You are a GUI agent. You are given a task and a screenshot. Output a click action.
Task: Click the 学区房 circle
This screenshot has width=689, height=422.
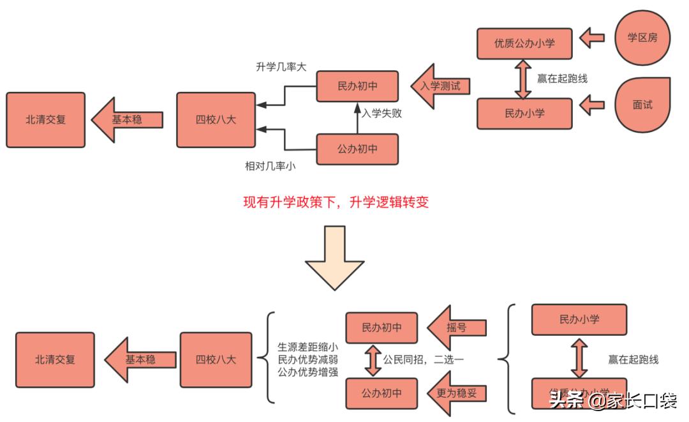[642, 38]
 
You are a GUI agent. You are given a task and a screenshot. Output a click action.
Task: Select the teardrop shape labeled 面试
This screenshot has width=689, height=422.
[642, 105]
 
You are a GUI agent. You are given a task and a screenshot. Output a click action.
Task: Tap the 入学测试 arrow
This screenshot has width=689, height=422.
[440, 85]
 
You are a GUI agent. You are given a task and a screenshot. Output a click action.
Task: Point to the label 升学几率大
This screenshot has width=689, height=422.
[281, 67]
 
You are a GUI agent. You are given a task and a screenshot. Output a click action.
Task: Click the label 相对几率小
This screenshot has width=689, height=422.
[270, 166]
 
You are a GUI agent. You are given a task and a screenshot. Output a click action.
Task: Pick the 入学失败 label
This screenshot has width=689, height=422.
[382, 114]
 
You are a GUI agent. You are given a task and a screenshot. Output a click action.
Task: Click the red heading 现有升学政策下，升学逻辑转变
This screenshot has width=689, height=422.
[336, 202]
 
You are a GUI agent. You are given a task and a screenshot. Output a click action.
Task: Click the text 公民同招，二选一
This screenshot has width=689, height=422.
[423, 360]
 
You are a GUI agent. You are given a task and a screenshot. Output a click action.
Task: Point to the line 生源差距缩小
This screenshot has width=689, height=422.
[307, 347]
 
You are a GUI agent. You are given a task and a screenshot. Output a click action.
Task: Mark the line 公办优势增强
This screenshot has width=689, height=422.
[307, 372]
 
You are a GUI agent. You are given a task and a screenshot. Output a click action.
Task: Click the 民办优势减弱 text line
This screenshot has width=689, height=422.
[307, 359]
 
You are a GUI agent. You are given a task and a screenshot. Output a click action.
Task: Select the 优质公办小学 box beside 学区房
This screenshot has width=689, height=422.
[524, 44]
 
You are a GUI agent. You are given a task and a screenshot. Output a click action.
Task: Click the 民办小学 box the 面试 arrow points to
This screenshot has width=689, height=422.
[524, 114]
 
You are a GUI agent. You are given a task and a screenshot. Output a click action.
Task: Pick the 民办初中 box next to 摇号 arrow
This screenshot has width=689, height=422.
[382, 328]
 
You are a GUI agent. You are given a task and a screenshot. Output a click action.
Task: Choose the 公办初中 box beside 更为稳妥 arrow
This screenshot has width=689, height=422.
[382, 393]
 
